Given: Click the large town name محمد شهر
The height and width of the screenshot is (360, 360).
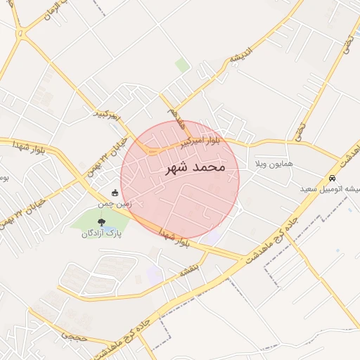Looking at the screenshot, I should pos(195,168).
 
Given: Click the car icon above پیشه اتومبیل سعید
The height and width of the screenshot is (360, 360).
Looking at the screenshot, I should pos(332,178).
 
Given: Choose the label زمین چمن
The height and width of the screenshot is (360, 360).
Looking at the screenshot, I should pos(115,203).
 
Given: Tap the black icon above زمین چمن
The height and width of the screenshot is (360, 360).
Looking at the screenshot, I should pos(115,192).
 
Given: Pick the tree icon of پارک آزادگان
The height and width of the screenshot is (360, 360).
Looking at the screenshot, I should pos(103,222).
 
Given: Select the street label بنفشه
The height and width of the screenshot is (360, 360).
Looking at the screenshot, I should pos(190,269).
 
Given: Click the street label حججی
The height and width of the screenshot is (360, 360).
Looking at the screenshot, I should pos(72,337).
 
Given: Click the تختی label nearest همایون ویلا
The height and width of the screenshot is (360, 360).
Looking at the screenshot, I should pos(301,131).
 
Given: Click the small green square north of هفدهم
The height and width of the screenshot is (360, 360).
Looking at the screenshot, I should pos(182,65).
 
